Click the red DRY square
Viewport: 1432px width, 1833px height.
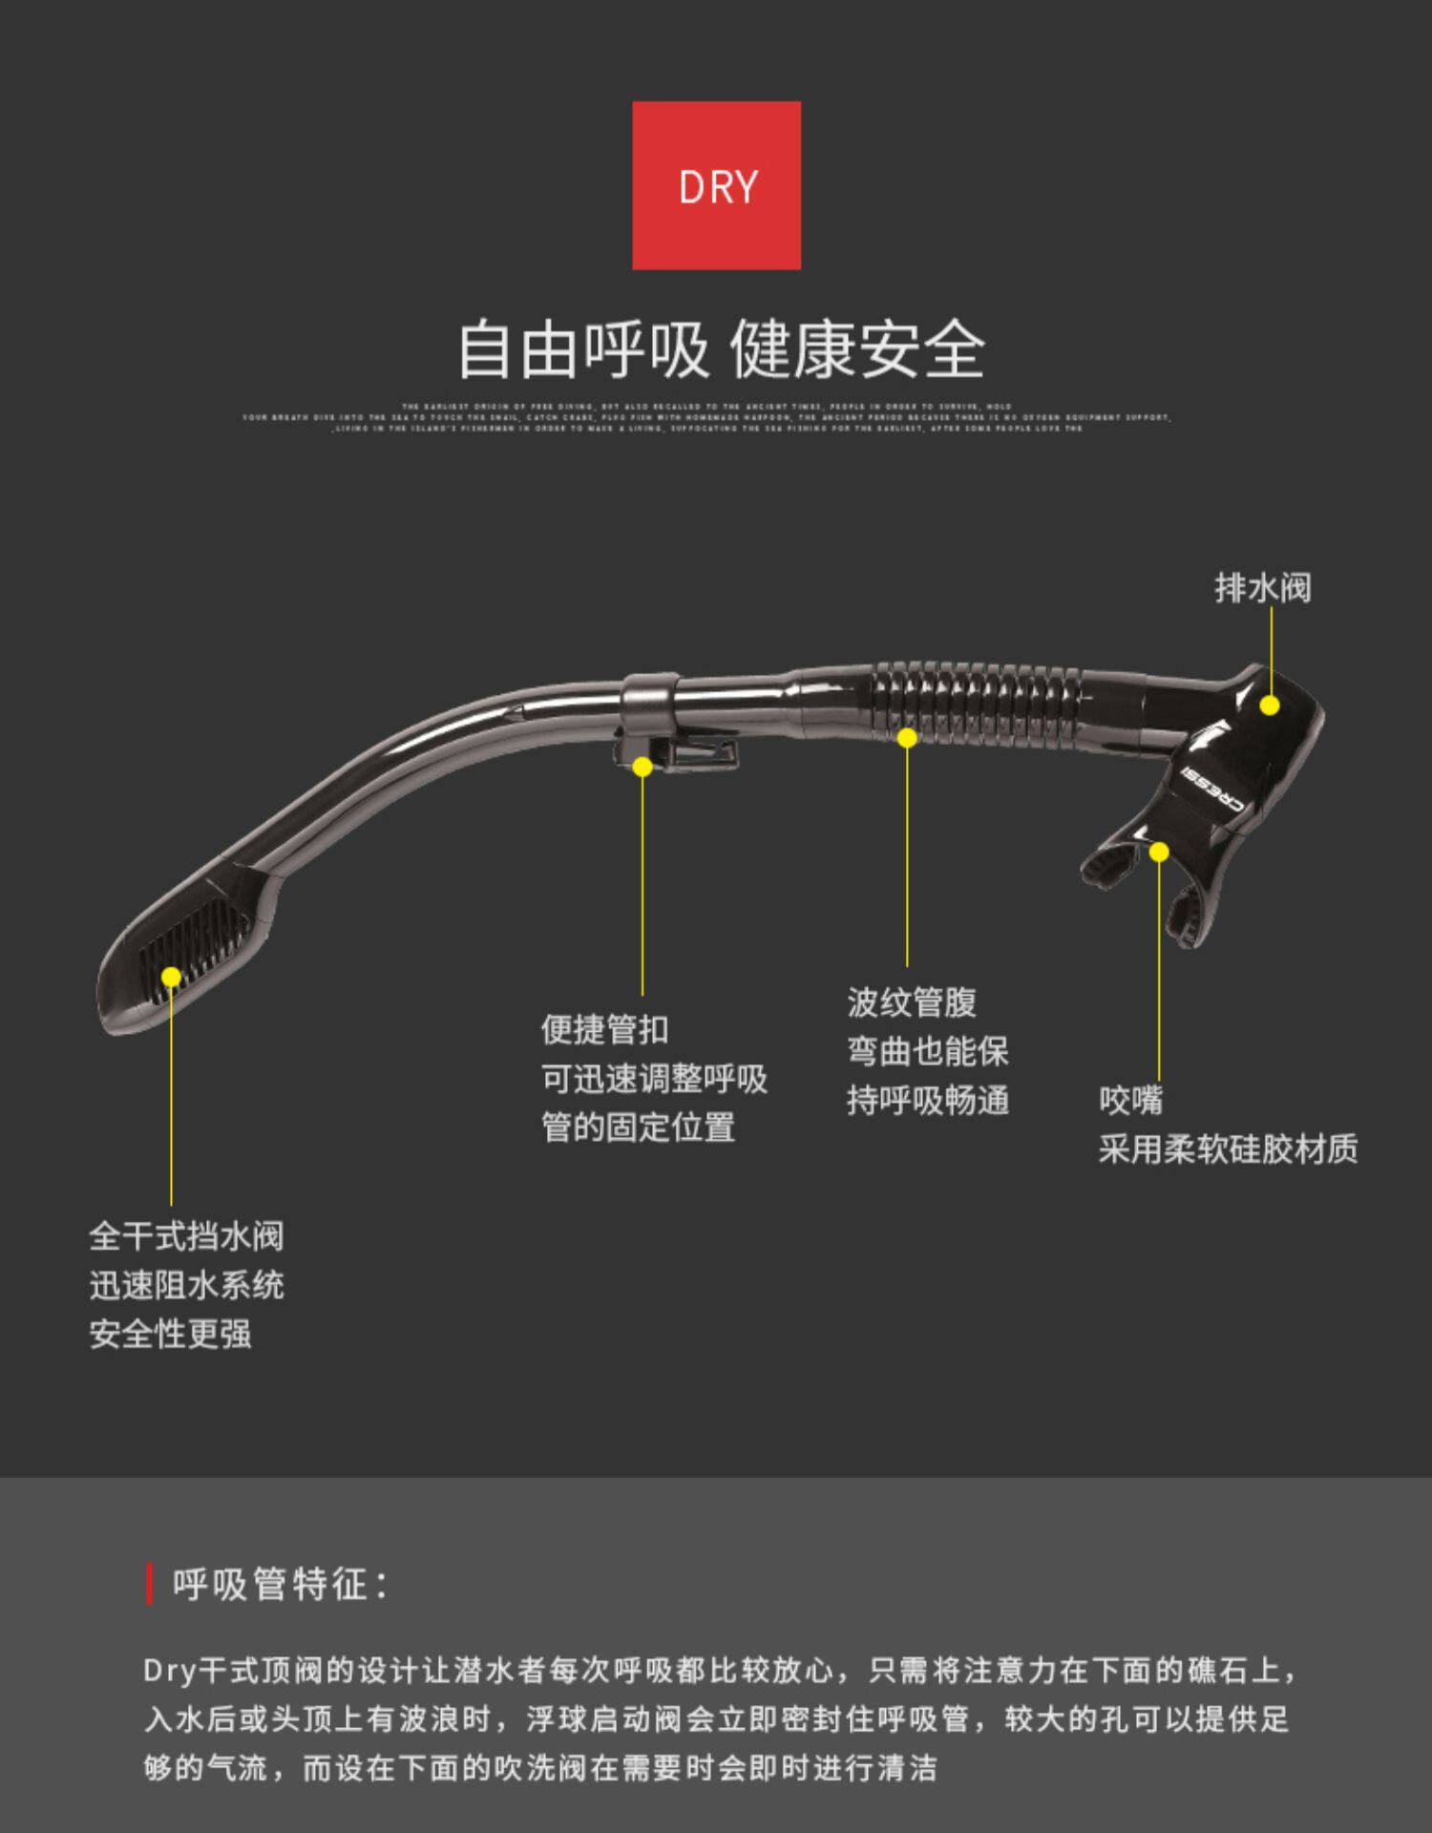coord(716,185)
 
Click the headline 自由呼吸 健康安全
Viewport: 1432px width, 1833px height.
coord(721,350)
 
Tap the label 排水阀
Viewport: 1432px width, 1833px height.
coord(1262,588)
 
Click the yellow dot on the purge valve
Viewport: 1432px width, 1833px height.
coord(1270,706)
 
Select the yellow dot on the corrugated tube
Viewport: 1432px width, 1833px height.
coord(907,737)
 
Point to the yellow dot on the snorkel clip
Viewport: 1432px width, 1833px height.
coord(642,767)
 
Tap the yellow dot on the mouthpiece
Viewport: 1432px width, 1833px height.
coord(1159,852)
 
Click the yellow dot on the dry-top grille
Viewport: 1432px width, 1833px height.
coord(172,977)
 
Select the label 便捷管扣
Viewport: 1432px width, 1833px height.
coord(604,1029)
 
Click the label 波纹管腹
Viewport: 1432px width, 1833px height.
coord(912,1002)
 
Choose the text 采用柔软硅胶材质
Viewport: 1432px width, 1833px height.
coord(1228,1149)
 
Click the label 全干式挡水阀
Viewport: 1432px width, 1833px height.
coord(186,1236)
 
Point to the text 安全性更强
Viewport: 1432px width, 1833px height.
coord(170,1334)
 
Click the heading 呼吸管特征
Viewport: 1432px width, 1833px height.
coord(279,1585)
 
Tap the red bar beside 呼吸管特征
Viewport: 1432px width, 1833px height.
coord(150,1585)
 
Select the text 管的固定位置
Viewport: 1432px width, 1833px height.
coord(638,1127)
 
